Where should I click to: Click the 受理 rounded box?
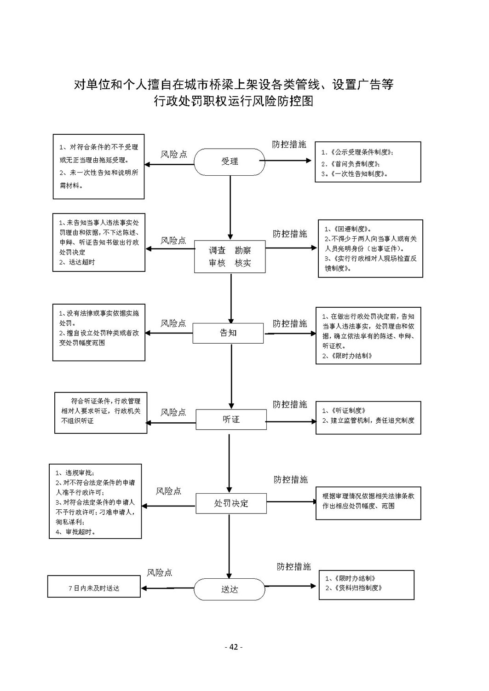tap(229, 162)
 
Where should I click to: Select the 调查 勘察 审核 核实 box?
tap(230, 256)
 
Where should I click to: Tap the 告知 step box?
tap(228, 333)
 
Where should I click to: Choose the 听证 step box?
tap(231, 419)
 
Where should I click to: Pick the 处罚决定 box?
tap(231, 503)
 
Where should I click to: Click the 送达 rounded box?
tap(229, 589)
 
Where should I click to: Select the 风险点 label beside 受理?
tap(174, 154)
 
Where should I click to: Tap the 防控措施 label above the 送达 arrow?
tap(293, 566)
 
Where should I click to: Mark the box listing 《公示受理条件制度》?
tap(368, 162)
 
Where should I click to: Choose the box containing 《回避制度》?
tap(370, 248)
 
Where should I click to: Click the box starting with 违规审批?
tap(95, 501)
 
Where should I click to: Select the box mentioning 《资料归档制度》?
tap(367, 585)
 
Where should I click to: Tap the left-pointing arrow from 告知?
tap(169, 333)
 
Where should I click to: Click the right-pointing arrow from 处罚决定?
tap(291, 502)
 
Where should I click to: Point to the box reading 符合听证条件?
tap(101, 413)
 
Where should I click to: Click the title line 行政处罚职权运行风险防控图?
tap(234, 101)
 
